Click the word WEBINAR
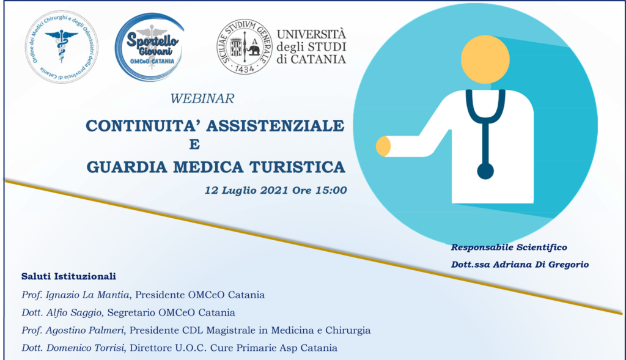point(202,98)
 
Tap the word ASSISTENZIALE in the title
point(275,126)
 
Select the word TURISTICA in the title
point(297,167)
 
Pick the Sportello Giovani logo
point(150,47)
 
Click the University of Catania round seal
point(245,46)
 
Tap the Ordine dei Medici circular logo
point(62,46)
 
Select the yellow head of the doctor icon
point(485,59)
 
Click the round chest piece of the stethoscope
point(485,171)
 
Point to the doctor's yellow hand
point(383,146)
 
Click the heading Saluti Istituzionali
point(68,276)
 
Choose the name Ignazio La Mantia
point(87,295)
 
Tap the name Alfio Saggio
point(74,312)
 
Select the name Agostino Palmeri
point(84,331)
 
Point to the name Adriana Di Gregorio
point(540,265)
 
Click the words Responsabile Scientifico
point(509,248)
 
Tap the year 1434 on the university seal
point(245,69)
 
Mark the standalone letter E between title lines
point(194,144)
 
